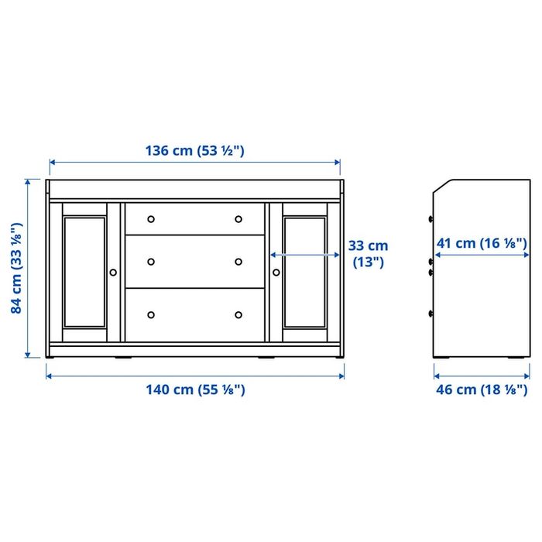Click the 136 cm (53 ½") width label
coord(194,151)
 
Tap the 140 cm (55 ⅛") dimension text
coord(195,389)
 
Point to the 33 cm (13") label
coord(368,253)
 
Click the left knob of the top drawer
coord(151,218)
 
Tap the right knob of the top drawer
coord(238,218)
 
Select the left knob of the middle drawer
coord(151,261)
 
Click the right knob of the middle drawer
coord(238,261)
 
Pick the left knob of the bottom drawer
coord(151,314)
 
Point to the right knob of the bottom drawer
coord(238,314)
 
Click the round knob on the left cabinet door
coord(114,272)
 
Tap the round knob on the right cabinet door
coord(276,272)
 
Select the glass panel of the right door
coord(304,271)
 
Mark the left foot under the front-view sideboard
coord(122,358)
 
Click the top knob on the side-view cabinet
coord(431,218)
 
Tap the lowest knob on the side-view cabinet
coord(431,314)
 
